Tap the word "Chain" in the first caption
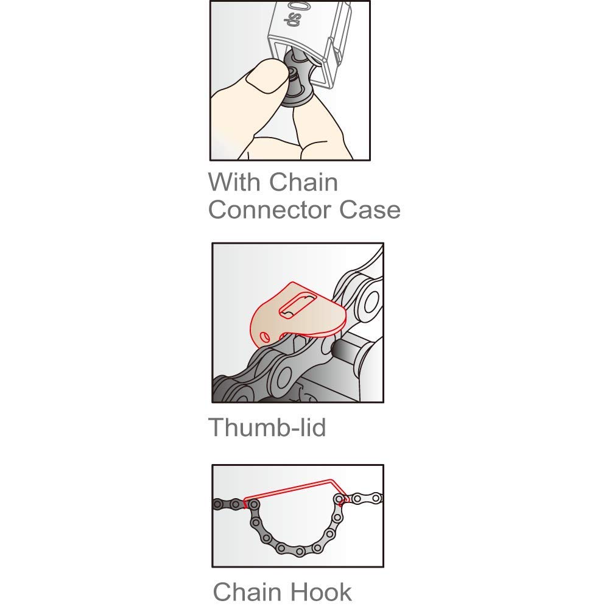[x=303, y=182]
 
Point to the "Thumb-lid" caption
[x=267, y=427]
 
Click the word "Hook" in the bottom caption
[x=321, y=591]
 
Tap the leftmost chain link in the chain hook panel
[x=219, y=504]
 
